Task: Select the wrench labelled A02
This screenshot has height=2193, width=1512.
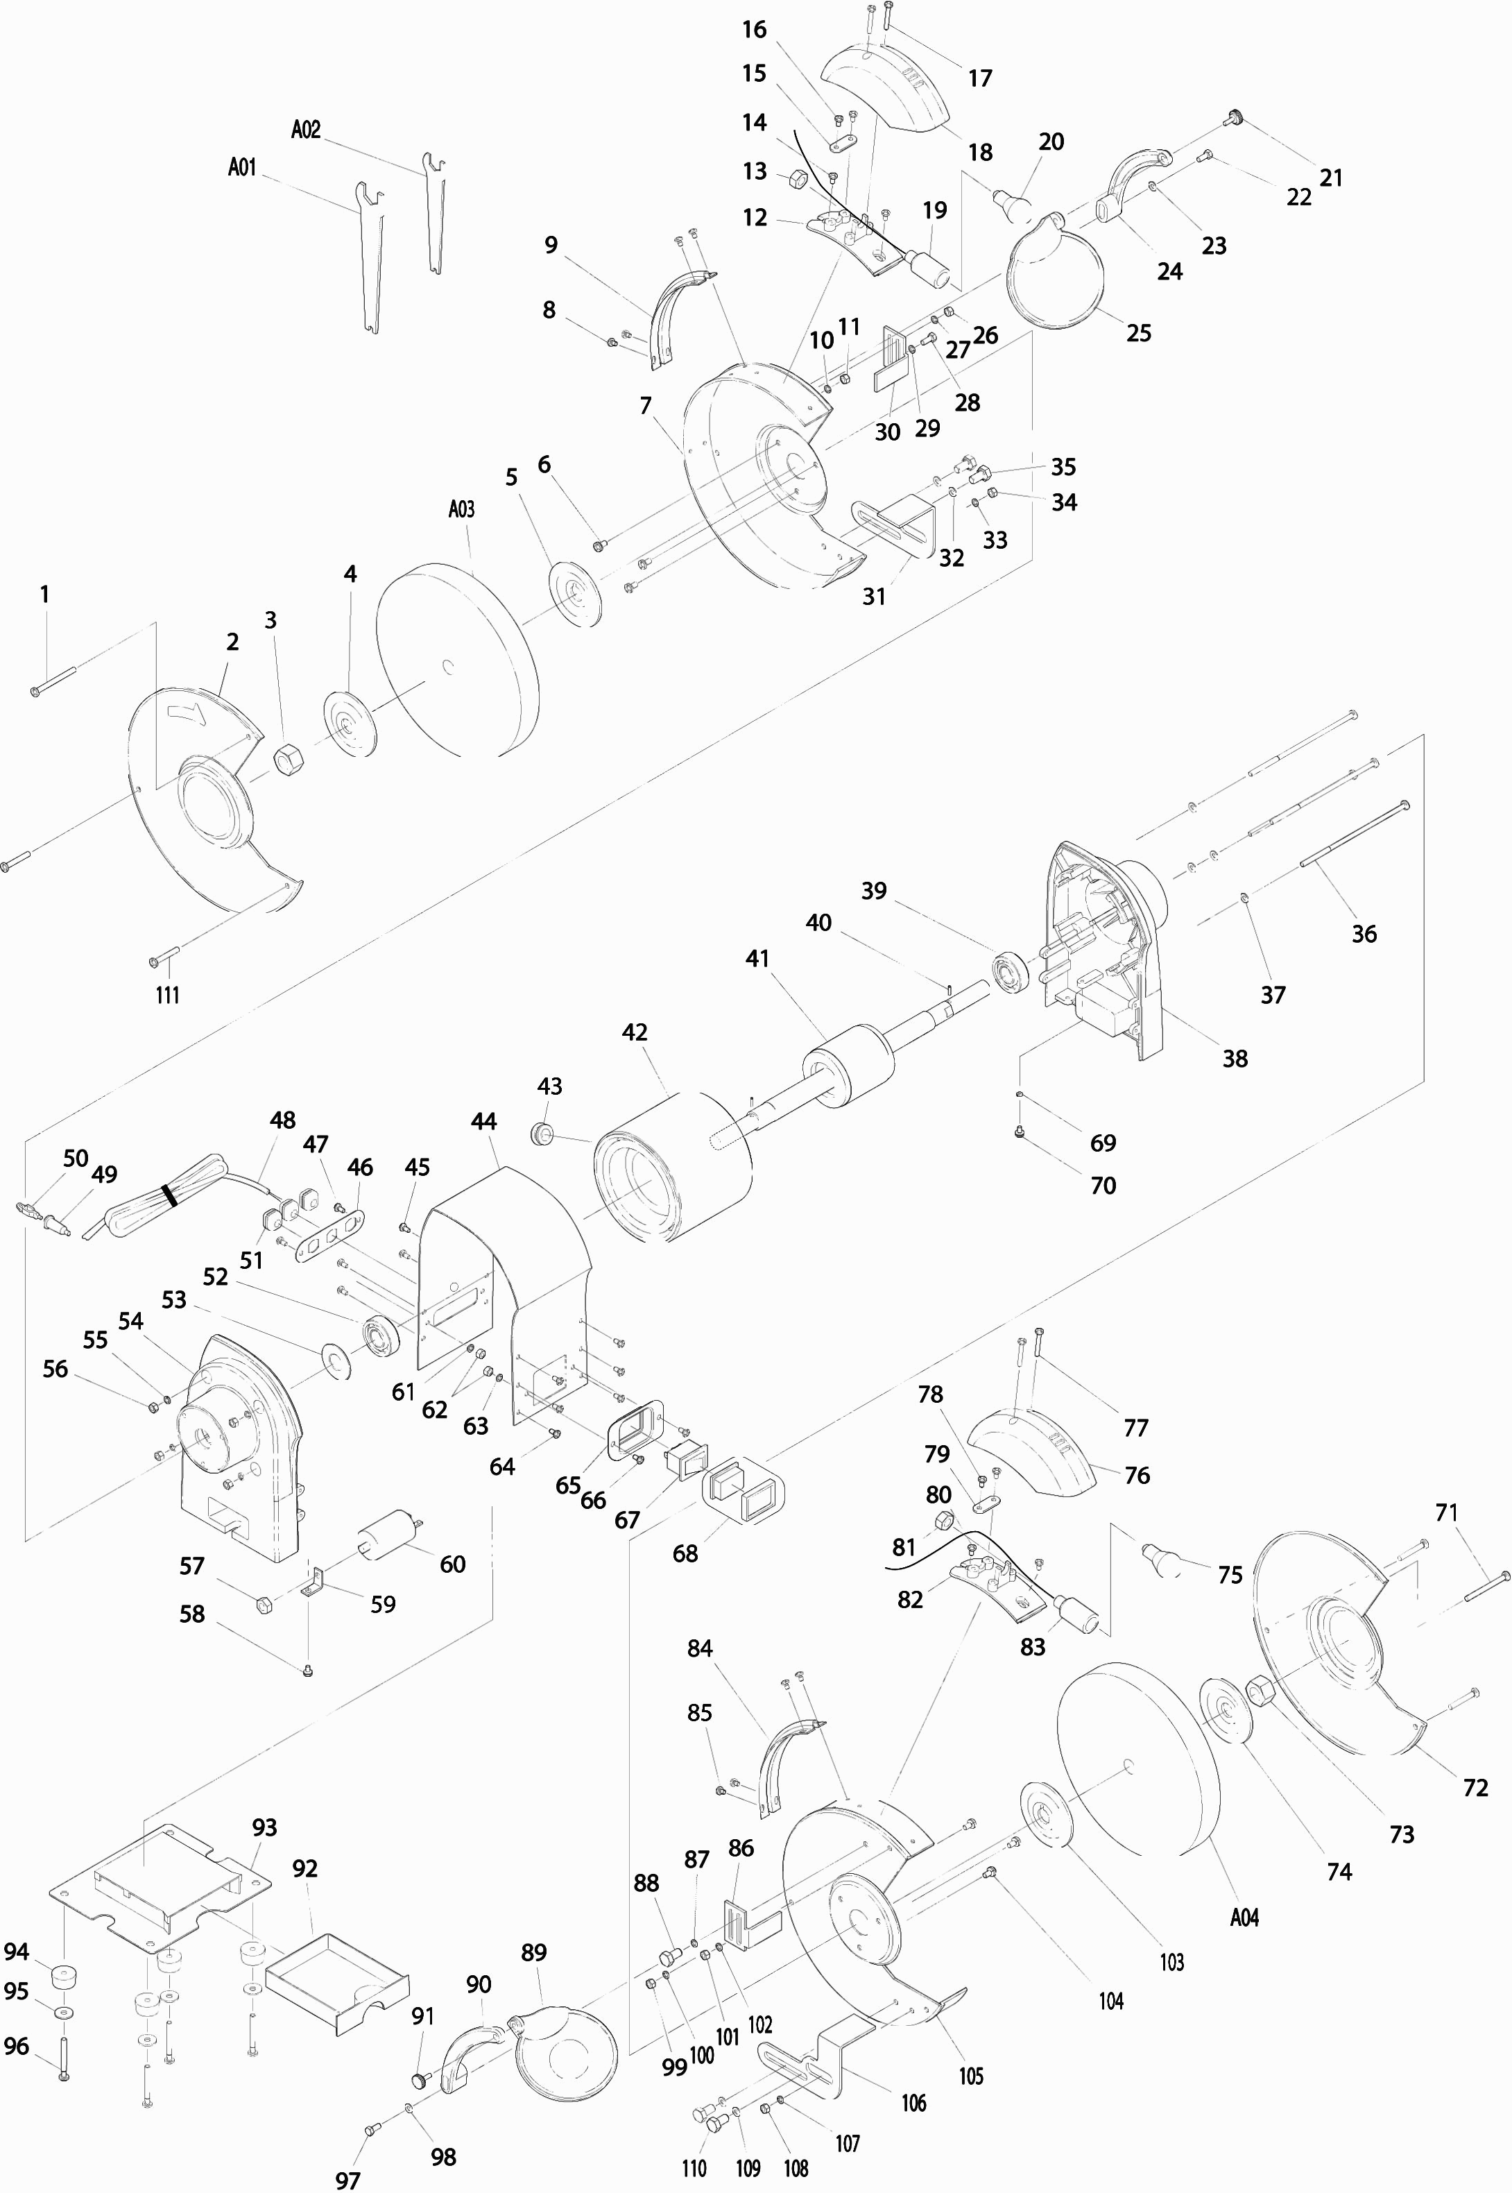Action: pos(434,217)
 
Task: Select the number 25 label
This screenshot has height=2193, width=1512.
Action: pos(1137,332)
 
